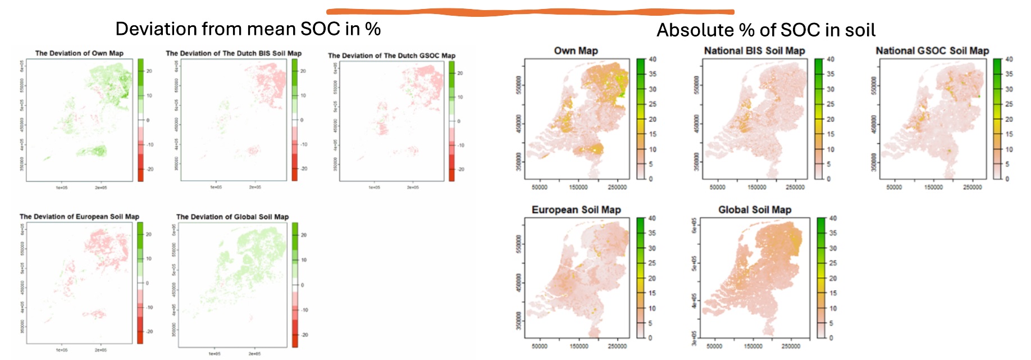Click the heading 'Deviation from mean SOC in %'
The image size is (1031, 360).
coord(248,29)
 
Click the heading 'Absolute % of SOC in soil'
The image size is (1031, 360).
coord(766,30)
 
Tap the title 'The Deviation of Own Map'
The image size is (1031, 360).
coord(79,53)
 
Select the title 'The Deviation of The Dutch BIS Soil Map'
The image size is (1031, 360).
coord(234,53)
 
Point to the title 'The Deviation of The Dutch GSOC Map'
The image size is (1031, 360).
coord(391,56)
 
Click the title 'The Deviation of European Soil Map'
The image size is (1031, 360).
coord(79,216)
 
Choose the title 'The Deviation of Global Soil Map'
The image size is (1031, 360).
coord(232,217)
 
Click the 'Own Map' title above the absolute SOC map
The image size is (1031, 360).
coord(576,51)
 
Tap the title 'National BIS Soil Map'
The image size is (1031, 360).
coord(754,51)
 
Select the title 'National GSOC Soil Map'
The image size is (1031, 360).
coord(932,51)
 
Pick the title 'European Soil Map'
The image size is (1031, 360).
coord(576,209)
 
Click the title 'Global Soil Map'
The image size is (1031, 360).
coord(755,209)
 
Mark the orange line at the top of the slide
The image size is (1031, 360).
coord(530,11)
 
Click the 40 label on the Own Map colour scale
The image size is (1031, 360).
coord(653,59)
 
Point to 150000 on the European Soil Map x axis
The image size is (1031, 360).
coord(578,346)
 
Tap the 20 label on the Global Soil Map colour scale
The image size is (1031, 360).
coord(833,278)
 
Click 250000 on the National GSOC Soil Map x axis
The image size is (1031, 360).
coord(973,187)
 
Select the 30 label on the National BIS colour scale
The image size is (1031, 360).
coord(831,89)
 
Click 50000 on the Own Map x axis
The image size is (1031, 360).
coord(539,187)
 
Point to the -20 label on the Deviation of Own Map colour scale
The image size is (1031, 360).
coord(149,169)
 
